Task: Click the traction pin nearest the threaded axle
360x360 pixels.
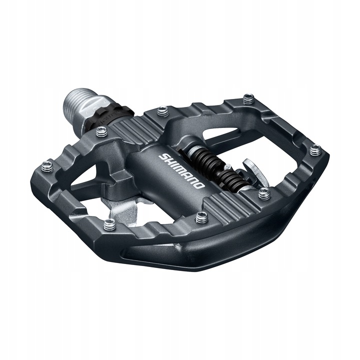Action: [x=101, y=131]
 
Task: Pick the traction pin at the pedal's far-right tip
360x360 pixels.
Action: [x=315, y=149]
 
